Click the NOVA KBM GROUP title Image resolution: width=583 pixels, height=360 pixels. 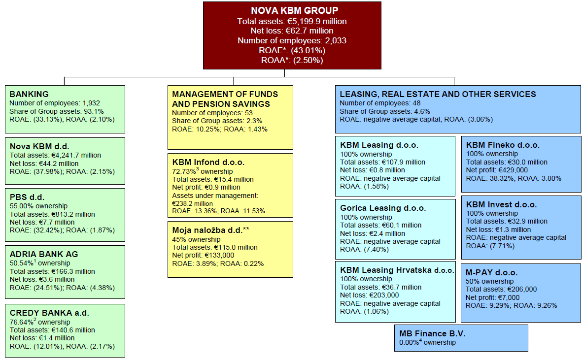pyautogui.click(x=295, y=11)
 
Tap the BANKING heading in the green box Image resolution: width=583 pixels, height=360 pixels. pyautogui.click(x=29, y=95)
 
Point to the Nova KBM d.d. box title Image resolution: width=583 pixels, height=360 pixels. pyautogui.click(x=39, y=146)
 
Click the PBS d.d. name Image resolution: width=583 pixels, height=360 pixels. pyautogui.click(x=27, y=197)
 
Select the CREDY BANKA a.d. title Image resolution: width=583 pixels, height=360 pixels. pyautogui.click(x=49, y=313)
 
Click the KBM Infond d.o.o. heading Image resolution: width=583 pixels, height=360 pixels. pyautogui.click(x=208, y=163)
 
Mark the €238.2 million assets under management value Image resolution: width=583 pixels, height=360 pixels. pyautogui.click(x=192, y=203)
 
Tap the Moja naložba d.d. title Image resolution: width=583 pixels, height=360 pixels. pyautogui.click(x=210, y=230)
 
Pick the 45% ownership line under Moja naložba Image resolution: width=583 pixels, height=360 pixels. pyautogui.click(x=196, y=240)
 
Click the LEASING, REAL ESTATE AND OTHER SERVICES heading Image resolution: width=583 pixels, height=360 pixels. pyautogui.click(x=438, y=95)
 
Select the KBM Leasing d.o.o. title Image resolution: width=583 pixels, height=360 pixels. pyautogui.click(x=379, y=145)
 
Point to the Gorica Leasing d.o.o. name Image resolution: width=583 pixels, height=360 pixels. pyautogui.click(x=383, y=208)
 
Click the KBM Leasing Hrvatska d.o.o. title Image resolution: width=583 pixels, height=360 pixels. pyautogui.click(x=397, y=270)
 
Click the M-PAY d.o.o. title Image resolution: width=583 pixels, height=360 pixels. pyautogui.click(x=491, y=273)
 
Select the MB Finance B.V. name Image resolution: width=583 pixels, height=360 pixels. pyautogui.click(x=432, y=333)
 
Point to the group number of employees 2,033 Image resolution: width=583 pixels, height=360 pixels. pyautogui.click(x=336, y=41)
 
